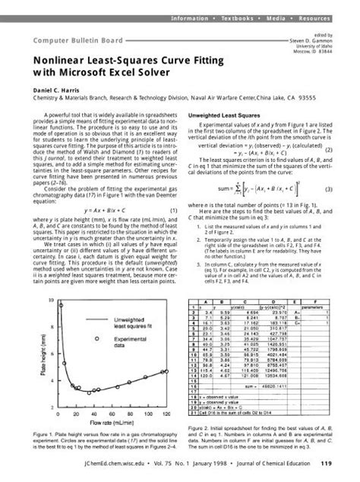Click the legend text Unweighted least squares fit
(112, 323)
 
